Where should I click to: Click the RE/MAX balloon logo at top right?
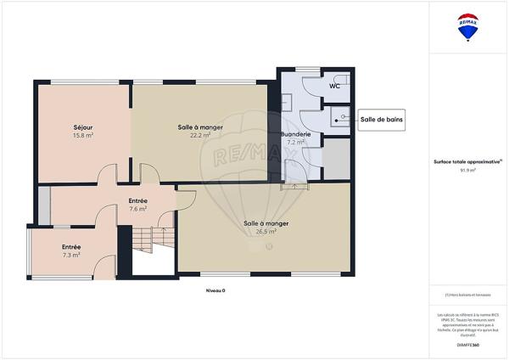click(x=467, y=26)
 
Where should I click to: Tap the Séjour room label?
click(x=82, y=127)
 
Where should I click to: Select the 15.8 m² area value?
click(x=82, y=135)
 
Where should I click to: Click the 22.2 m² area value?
click(x=200, y=135)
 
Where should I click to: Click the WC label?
click(x=334, y=85)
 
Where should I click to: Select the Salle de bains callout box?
click(x=381, y=121)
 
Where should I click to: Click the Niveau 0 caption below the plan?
click(x=215, y=290)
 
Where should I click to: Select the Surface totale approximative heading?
click(x=467, y=161)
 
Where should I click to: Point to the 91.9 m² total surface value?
click(x=467, y=170)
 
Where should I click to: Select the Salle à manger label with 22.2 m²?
click(x=200, y=127)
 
